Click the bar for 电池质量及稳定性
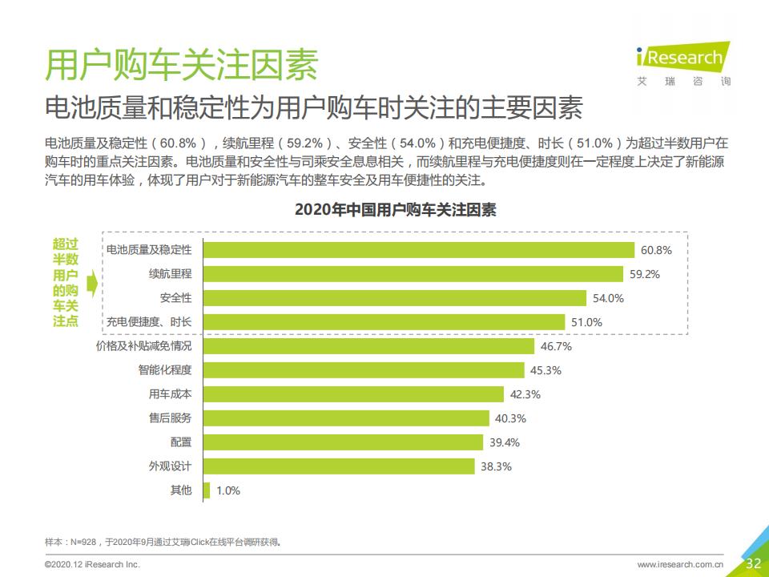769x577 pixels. pyautogui.click(x=419, y=250)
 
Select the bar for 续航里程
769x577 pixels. pyautogui.click(x=413, y=274)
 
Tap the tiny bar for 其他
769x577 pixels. pyautogui.click(x=207, y=490)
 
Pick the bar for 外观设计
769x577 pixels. pyautogui.click(x=340, y=466)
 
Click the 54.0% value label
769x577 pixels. pyautogui.click(x=608, y=298)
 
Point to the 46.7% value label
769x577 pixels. pyautogui.click(x=556, y=346)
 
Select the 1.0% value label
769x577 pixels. pyautogui.click(x=228, y=490)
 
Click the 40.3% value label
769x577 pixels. pyautogui.click(x=510, y=418)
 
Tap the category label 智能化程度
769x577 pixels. pyautogui.click(x=165, y=370)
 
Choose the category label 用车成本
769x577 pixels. pyautogui.click(x=171, y=394)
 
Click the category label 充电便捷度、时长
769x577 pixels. pyautogui.click(x=149, y=322)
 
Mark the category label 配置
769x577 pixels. pyautogui.click(x=181, y=442)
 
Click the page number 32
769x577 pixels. pyautogui.click(x=753, y=563)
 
